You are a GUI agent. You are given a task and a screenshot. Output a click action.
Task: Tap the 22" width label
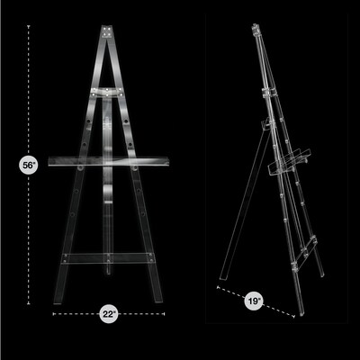[108, 314]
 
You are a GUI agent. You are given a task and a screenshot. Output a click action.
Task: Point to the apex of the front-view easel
[108, 31]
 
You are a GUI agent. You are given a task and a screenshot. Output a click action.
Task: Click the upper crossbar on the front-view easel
[108, 92]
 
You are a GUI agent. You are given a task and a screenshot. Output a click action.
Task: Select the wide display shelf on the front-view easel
[108, 163]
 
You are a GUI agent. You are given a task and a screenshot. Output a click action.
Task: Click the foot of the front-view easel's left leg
[59, 300]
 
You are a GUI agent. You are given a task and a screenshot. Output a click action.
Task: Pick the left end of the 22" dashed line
[54, 314]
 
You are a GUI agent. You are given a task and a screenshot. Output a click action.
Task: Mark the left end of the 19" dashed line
[218, 288]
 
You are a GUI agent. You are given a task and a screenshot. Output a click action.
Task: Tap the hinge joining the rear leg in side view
[266, 93]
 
